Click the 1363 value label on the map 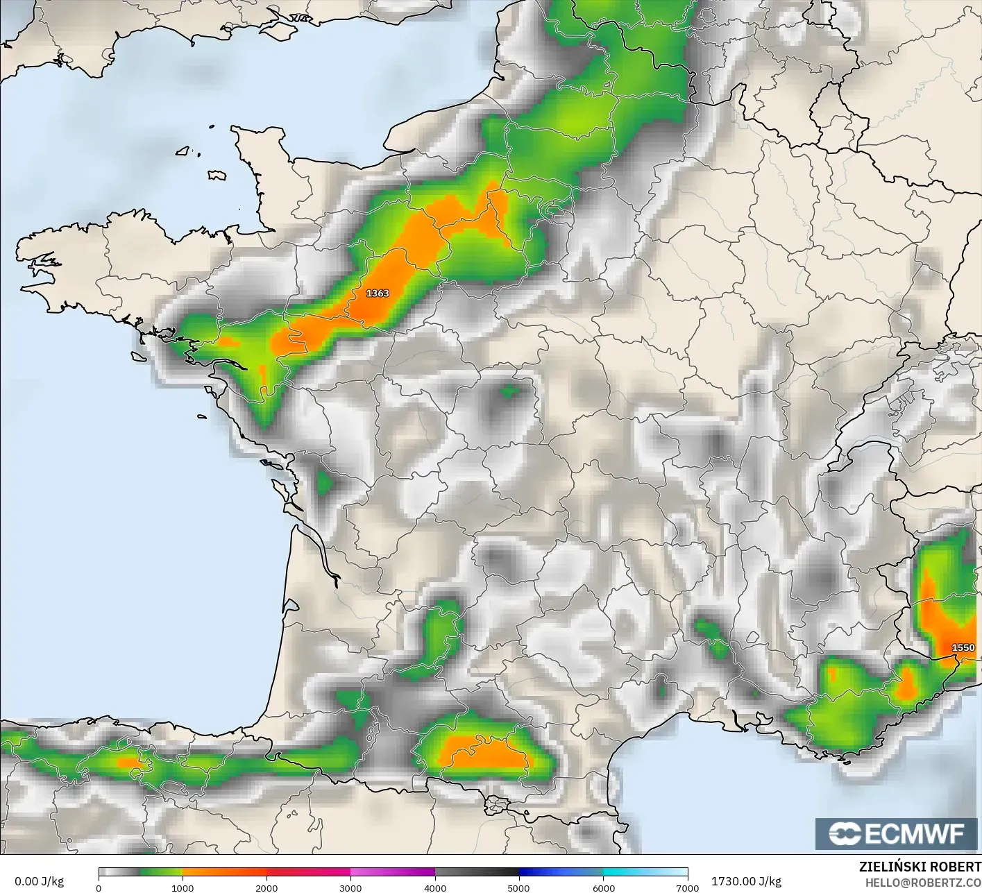click(378, 294)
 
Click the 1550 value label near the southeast click(963, 647)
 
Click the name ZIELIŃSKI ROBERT click(920, 867)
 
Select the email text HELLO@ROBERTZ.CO click(923, 882)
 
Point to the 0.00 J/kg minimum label click(39, 881)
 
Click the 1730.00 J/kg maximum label click(746, 881)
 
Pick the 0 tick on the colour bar click(99, 887)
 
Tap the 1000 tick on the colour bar click(183, 887)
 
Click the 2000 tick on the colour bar click(266, 887)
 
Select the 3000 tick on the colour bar click(350, 887)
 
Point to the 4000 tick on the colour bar click(435, 887)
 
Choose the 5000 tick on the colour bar click(519, 887)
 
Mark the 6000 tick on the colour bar click(603, 887)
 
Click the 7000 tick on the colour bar click(687, 887)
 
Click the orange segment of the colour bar click(224, 873)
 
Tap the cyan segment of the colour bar click(645, 873)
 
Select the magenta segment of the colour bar click(392, 873)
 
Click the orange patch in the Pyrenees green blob click(482, 753)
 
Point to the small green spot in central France click(510, 391)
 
